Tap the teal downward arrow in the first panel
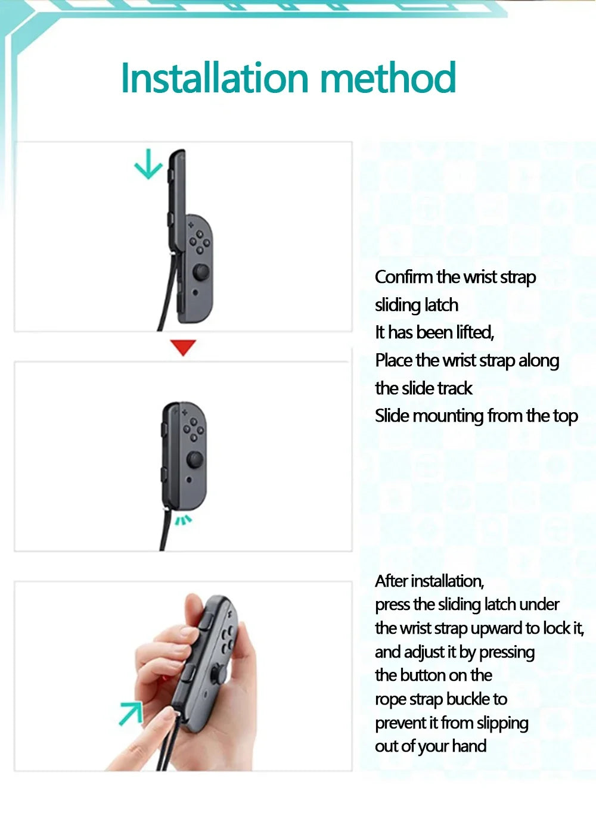(x=148, y=164)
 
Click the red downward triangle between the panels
(x=183, y=347)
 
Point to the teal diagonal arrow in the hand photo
(x=131, y=713)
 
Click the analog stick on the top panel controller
(x=200, y=273)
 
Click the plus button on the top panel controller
(x=191, y=225)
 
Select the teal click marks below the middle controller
(x=183, y=521)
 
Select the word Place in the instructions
(x=393, y=360)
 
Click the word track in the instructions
(x=455, y=388)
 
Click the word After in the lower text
(x=392, y=581)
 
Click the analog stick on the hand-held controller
(x=218, y=674)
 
